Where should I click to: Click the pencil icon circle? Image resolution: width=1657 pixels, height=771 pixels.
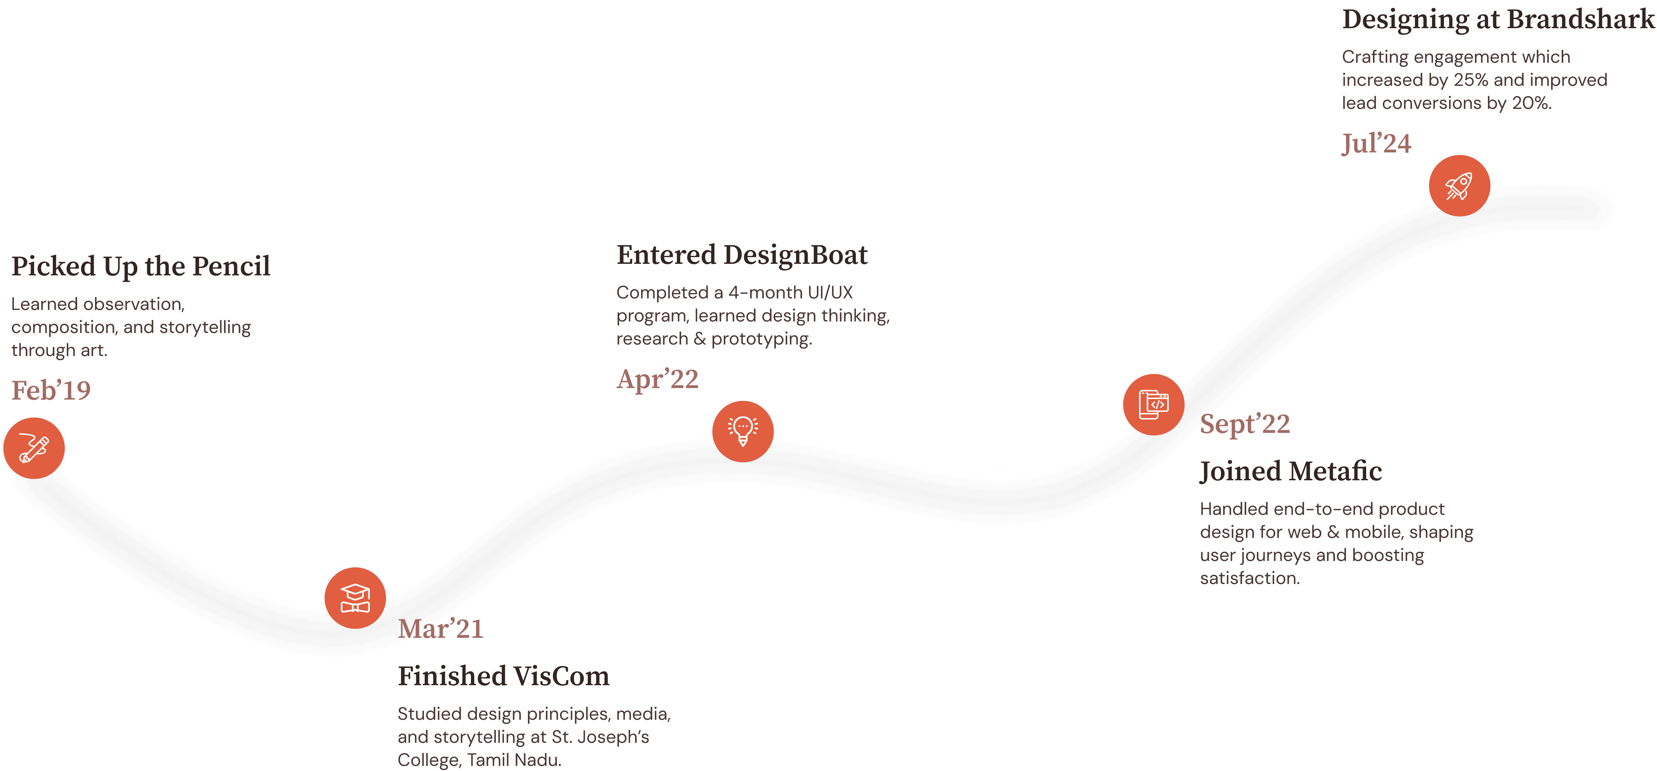pos(34,448)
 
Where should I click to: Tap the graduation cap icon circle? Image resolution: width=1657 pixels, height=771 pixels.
pos(355,598)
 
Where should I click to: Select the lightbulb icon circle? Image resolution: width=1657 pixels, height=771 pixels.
pos(743,431)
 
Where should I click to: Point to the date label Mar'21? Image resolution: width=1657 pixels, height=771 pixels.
pos(440,629)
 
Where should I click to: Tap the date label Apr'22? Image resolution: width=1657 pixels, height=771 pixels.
pos(657,379)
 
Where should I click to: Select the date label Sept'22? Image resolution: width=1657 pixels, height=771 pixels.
pos(1245,424)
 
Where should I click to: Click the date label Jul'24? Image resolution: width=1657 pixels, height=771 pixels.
pos(1376,143)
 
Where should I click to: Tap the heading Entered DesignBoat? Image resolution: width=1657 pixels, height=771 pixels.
pos(742,255)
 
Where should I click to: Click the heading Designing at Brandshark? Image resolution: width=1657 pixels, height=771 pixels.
pos(1497,19)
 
